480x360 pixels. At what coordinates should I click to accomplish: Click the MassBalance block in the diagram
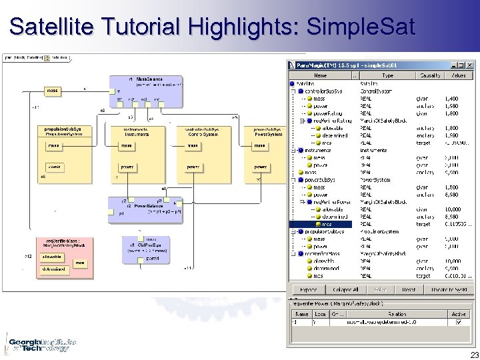click(146, 90)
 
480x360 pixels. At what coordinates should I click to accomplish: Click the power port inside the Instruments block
click(127, 167)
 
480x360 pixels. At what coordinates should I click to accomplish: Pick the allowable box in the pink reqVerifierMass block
click(54, 256)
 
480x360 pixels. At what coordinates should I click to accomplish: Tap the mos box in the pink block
click(79, 263)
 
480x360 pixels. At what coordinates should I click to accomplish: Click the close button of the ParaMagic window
click(471, 65)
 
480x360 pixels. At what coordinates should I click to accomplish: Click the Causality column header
click(430, 75)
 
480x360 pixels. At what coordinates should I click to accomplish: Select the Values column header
click(459, 75)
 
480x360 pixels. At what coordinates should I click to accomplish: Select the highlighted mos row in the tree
click(327, 224)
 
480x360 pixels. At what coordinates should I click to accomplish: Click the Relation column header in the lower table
click(397, 313)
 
